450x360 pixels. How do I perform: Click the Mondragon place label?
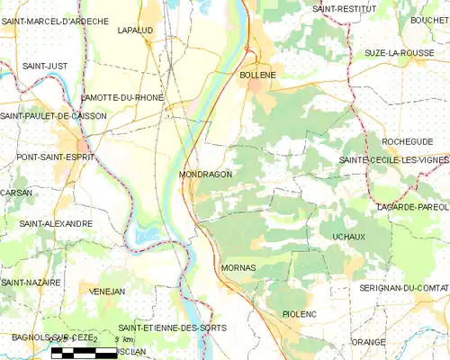[x=205, y=174]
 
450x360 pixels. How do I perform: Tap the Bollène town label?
[x=257, y=76]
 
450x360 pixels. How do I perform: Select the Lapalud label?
[x=135, y=30]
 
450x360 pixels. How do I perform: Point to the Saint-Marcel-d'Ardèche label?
[x=55, y=21]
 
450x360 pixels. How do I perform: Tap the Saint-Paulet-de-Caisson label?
[x=54, y=116]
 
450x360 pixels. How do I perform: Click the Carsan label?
[x=16, y=193]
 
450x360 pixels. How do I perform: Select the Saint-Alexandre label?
[x=56, y=223]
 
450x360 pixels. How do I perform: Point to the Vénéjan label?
[x=107, y=291]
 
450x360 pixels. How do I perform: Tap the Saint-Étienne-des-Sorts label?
[x=173, y=327]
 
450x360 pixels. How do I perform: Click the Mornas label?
[x=238, y=268]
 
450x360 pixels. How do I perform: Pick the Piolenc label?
[x=300, y=313]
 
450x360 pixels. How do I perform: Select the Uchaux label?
[x=347, y=235]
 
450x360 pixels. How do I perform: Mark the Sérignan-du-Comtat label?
[x=402, y=286]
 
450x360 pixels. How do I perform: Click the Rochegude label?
[x=407, y=141]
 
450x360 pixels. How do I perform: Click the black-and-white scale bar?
[x=84, y=352]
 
